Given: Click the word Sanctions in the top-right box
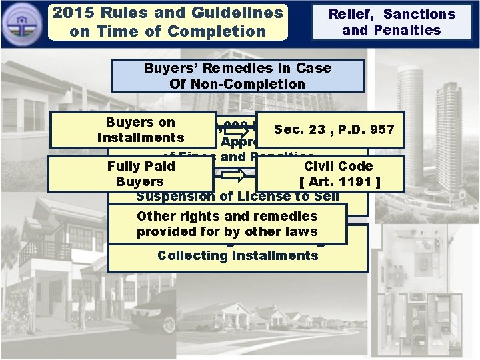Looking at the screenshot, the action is [419, 14].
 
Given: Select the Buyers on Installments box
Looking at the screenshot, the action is [141, 130].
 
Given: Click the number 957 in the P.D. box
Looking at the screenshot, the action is [381, 129].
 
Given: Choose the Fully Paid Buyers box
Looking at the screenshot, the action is [141, 173].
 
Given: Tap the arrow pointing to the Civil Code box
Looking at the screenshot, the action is [234, 177].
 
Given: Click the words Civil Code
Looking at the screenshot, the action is [338, 166].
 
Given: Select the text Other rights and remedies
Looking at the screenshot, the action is [227, 216].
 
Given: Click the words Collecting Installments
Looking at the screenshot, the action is [237, 255].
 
